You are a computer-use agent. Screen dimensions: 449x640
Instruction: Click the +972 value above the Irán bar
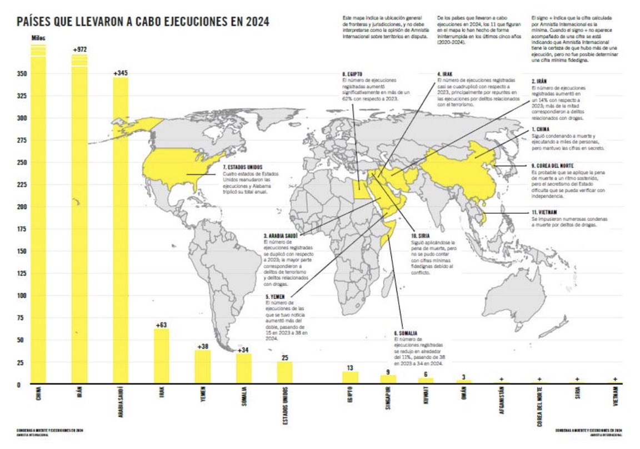pos(80,50)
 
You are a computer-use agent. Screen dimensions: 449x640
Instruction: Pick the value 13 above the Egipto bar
pos(350,367)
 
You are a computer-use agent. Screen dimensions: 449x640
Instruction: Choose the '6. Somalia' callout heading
pos(406,332)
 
